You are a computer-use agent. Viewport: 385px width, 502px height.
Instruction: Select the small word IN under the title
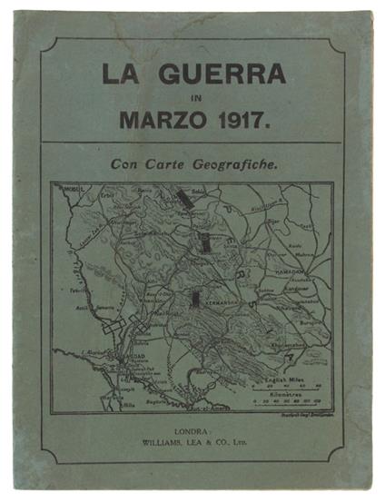(x=192, y=95)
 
